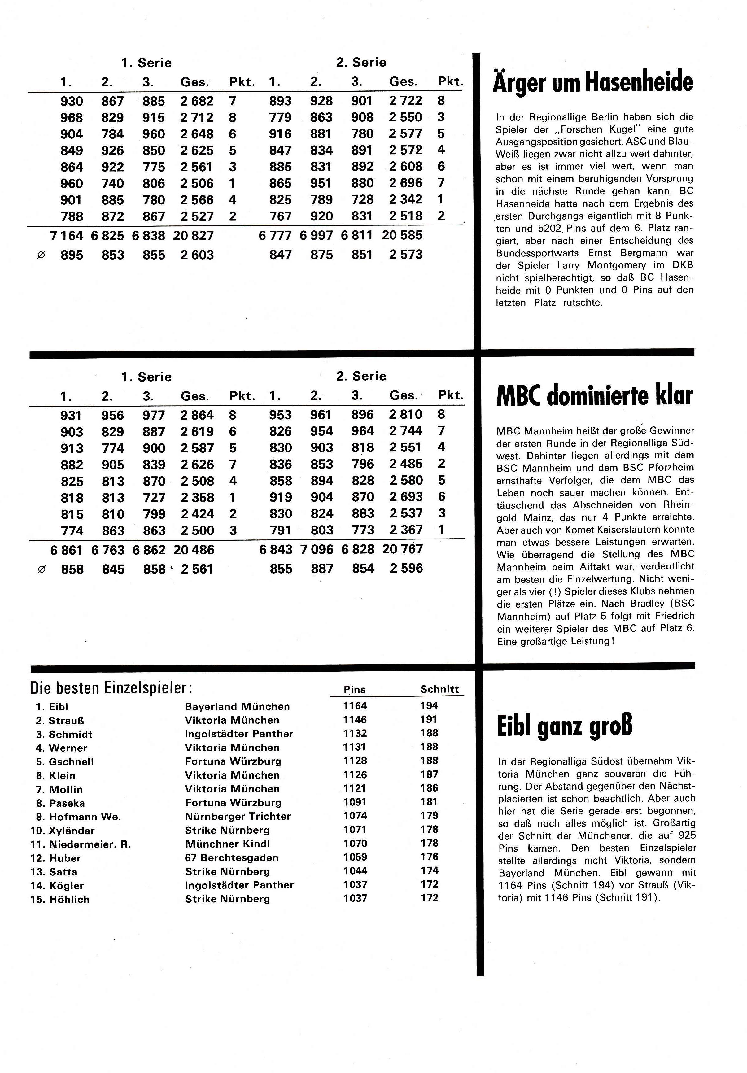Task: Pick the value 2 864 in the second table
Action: coord(197,415)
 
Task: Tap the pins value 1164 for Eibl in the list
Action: coord(355,706)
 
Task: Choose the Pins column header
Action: coord(354,689)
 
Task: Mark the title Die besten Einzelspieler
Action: coord(111,688)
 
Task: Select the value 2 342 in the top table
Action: coord(405,199)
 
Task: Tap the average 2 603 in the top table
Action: coord(197,255)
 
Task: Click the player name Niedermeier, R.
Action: coord(90,844)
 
